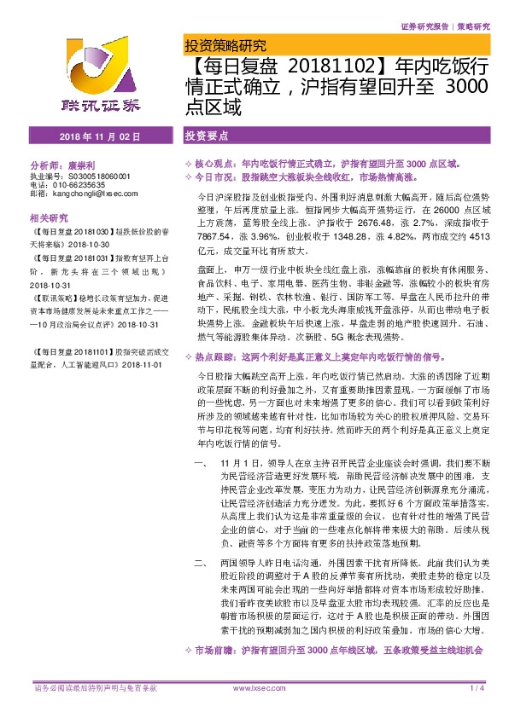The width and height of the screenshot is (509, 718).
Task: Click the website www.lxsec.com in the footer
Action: (256, 687)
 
